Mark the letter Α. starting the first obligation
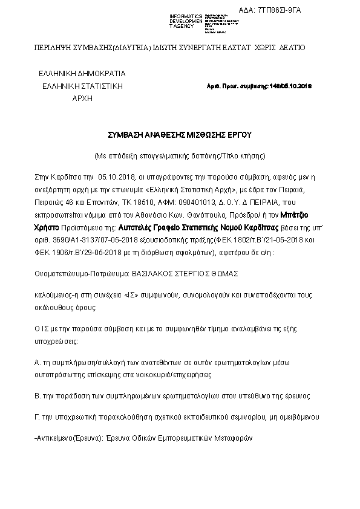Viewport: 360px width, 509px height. click(38, 363)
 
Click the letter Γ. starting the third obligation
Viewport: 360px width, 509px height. click(38, 417)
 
